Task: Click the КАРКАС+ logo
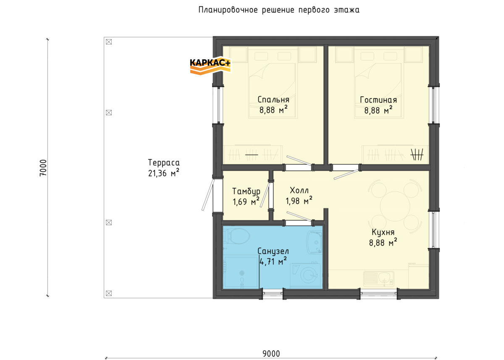click(210, 65)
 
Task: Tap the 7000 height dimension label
click(43, 168)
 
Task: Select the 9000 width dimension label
click(271, 354)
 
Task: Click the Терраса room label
click(164, 163)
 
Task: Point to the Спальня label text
click(273, 100)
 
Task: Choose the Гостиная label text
click(378, 100)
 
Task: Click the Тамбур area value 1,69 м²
click(246, 201)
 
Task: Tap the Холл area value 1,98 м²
click(299, 200)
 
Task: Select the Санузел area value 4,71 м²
click(273, 261)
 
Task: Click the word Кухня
click(383, 232)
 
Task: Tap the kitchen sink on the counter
click(379, 279)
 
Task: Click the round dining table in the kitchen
click(395, 206)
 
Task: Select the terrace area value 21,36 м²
click(164, 173)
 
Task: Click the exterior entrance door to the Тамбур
click(207, 195)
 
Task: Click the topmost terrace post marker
click(109, 42)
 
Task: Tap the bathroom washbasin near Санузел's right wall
click(315, 242)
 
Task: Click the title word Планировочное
click(228, 10)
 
